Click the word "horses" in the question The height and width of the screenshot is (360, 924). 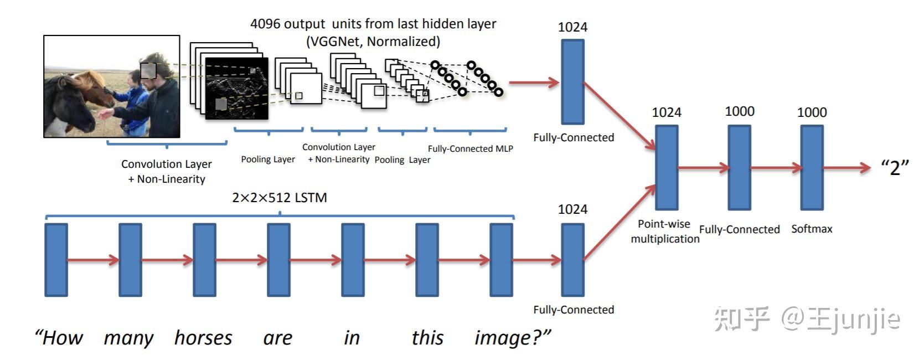203,338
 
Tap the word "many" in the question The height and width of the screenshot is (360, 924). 128,338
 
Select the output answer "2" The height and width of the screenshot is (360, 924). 895,167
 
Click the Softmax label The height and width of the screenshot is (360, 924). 812,229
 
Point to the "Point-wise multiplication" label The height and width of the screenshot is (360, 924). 665,232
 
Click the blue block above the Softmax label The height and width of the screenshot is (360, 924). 812,167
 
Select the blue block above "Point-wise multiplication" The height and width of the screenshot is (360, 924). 667,167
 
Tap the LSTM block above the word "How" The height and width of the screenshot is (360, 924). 56,260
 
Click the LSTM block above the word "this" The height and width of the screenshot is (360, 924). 427,260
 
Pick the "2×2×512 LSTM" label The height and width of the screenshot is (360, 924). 280,198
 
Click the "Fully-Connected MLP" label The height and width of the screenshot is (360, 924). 470,148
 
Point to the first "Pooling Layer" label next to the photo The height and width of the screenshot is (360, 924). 268,160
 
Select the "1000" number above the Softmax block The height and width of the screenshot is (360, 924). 812,112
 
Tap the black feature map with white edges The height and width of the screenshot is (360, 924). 236,89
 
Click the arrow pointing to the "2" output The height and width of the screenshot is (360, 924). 847,167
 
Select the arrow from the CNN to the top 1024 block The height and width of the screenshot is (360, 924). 534,83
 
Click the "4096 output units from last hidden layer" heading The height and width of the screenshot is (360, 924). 373,24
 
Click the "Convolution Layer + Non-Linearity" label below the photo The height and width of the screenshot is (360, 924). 167,171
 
